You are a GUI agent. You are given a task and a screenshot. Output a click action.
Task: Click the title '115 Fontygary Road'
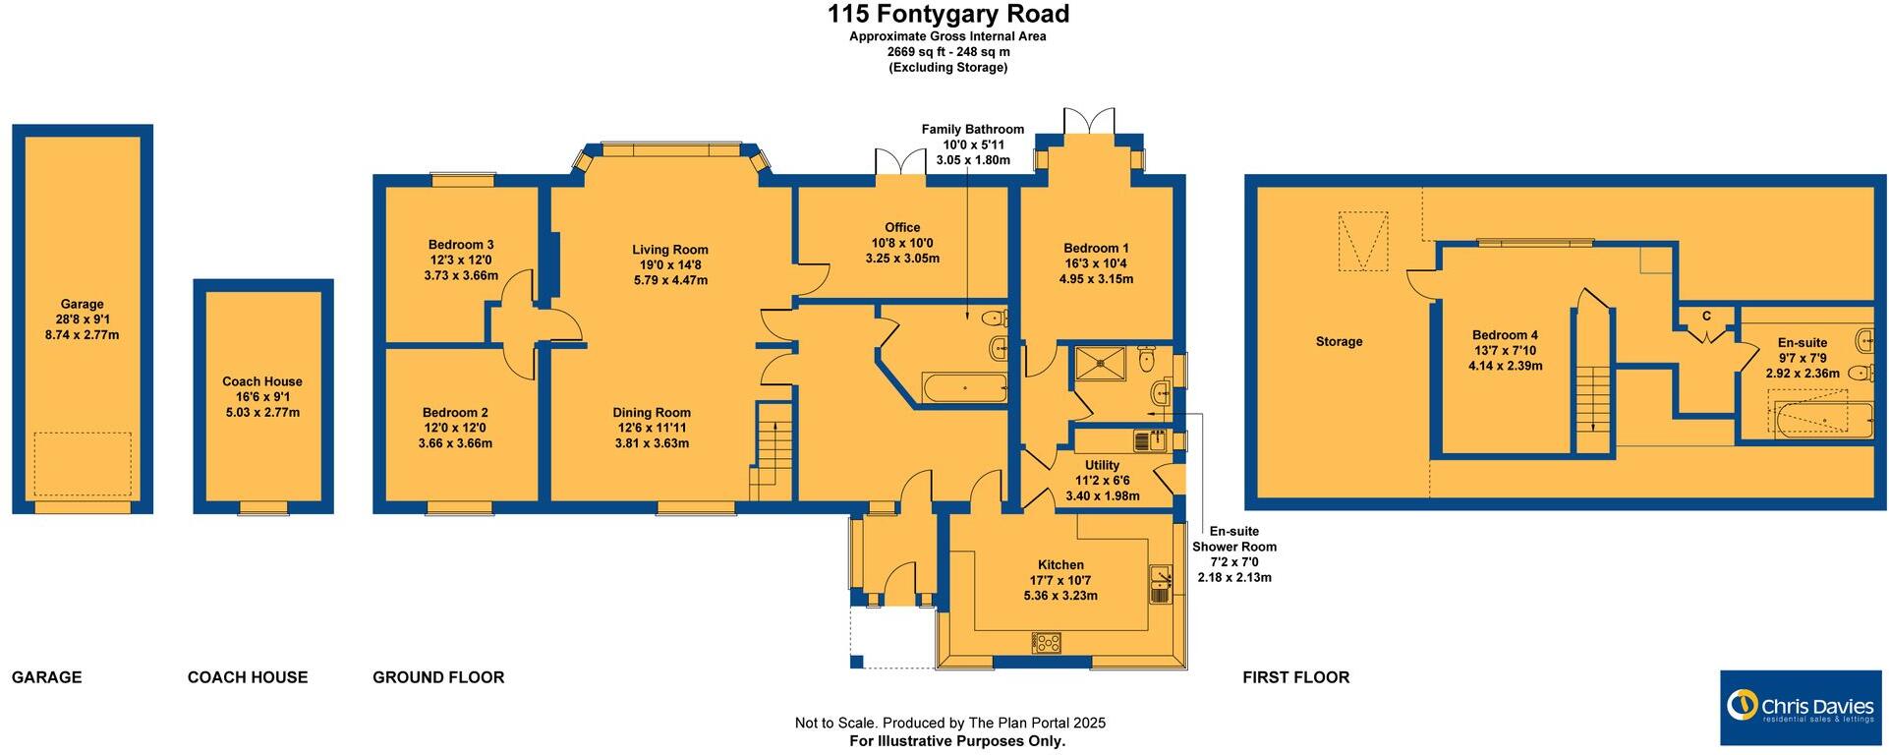click(947, 15)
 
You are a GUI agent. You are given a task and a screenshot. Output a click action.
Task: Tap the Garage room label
click(82, 305)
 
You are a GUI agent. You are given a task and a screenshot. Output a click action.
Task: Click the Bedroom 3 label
click(461, 245)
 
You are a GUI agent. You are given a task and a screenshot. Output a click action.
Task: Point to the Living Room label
click(670, 250)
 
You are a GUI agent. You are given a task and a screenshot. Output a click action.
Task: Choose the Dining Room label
click(652, 413)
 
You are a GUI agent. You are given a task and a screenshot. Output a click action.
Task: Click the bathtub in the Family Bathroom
click(964, 388)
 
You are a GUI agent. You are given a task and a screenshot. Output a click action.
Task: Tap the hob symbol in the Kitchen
click(1046, 643)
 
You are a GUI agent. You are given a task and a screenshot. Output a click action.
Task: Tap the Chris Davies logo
click(1801, 707)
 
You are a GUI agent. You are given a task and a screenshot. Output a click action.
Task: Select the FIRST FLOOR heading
click(1295, 677)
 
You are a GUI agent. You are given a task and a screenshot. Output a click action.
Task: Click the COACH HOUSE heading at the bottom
click(248, 677)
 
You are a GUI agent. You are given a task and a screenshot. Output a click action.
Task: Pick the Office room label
click(902, 227)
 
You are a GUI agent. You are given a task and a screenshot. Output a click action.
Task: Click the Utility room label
click(1102, 466)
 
